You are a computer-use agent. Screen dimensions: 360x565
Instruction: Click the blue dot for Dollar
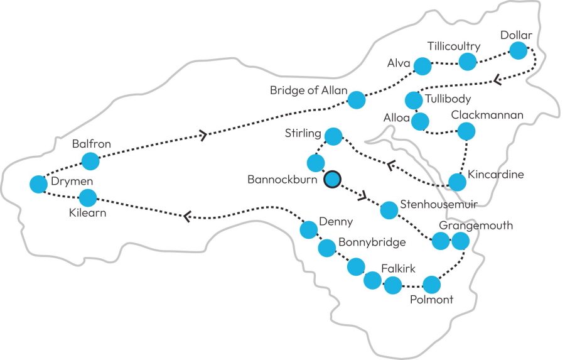point(518,50)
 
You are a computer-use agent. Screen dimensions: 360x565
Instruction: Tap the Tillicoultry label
point(453,46)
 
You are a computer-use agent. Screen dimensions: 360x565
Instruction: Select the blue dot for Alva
point(422,65)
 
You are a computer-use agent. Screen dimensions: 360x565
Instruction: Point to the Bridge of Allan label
point(308,90)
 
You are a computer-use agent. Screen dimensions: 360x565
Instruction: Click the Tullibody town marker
point(413,100)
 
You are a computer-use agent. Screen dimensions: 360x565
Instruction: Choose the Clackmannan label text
point(487,116)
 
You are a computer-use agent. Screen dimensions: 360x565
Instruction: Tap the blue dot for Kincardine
point(458,182)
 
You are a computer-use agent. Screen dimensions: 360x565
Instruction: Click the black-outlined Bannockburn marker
point(332,180)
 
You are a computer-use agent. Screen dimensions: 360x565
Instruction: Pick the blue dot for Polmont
point(431,285)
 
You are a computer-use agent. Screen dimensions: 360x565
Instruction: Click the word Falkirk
point(398,269)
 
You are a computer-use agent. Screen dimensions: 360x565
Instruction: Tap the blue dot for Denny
point(308,230)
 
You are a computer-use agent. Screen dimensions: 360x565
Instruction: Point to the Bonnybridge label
point(372,242)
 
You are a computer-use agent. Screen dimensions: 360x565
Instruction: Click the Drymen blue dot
point(39,184)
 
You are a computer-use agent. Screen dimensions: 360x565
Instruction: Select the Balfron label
point(91,144)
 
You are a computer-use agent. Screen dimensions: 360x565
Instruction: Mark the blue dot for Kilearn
point(88,198)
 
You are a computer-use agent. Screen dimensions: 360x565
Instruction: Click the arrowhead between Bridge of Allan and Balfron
point(203,134)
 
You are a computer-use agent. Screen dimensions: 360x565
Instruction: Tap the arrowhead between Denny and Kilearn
point(186,216)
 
